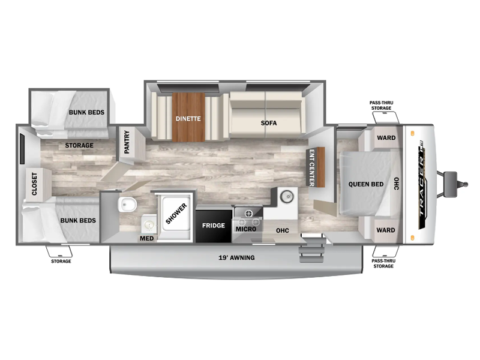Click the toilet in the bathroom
point(127,204)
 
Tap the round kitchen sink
point(287,197)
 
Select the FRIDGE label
point(214,226)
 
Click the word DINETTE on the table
point(188,118)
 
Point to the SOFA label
point(269,123)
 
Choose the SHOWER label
point(176,214)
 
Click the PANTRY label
point(127,142)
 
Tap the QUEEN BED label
point(366,184)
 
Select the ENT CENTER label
point(311,168)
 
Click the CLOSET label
point(34,184)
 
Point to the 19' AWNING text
point(236,258)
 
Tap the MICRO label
point(246,229)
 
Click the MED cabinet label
point(146,238)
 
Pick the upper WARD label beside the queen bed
point(386,138)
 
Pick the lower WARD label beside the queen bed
point(386,230)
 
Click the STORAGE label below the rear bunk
point(61,261)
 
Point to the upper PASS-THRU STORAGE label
point(381,106)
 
